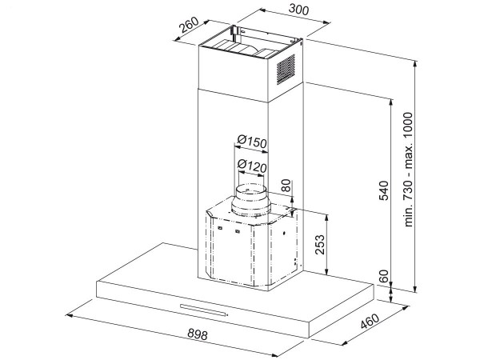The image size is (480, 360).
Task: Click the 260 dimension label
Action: coord(190,28)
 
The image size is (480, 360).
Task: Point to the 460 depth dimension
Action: coord(369,326)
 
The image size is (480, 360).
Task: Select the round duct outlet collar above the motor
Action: coord(251,199)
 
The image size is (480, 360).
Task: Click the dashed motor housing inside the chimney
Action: coord(248,248)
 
